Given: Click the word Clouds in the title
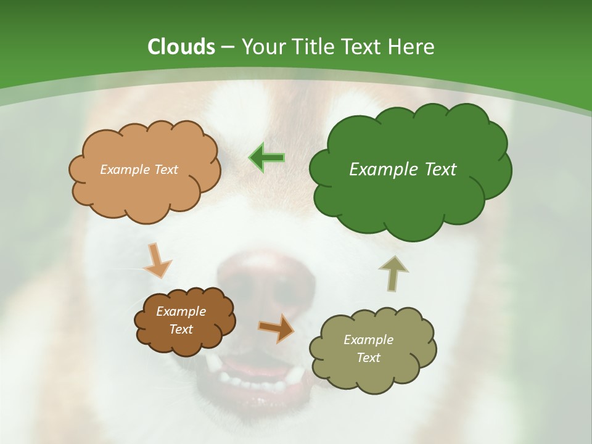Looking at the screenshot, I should click(181, 47).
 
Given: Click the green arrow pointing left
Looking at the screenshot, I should click(267, 157).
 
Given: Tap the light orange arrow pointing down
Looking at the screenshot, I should click(158, 260).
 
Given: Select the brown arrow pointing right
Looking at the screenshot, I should click(276, 327).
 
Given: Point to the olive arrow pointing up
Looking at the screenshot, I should click(393, 273).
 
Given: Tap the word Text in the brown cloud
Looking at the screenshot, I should click(181, 329).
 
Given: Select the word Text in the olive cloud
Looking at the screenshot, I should click(368, 358).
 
